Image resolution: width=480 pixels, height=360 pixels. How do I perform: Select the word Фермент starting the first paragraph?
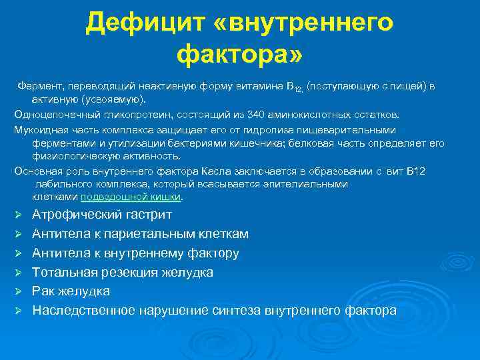point(39,87)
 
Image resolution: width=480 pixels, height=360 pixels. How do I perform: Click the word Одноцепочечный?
point(55,114)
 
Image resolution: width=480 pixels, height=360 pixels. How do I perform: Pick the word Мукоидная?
point(41,129)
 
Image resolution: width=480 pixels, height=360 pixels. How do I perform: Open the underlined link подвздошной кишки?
point(131,197)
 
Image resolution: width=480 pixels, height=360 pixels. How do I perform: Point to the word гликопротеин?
point(129,114)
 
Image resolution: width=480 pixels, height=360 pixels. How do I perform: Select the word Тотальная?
point(65,272)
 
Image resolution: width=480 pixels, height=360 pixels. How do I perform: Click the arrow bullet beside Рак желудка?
point(19,292)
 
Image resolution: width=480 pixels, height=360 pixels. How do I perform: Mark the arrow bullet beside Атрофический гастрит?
point(19,215)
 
